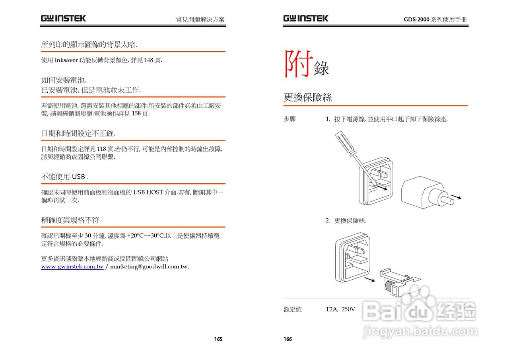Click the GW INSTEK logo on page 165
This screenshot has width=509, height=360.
click(x=63, y=18)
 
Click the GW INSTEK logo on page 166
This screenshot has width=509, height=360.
click(x=306, y=18)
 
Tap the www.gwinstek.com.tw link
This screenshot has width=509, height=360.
click(x=72, y=267)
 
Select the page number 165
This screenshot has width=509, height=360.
click(x=218, y=339)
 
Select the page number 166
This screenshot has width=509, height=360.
click(x=288, y=339)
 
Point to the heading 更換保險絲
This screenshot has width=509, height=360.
click(x=308, y=97)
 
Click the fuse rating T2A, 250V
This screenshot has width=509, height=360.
click(x=340, y=309)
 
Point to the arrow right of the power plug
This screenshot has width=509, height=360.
click(x=457, y=197)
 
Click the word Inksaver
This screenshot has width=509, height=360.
click(x=66, y=60)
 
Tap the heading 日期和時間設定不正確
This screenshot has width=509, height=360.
click(x=78, y=133)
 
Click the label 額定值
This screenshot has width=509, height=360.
click(x=293, y=309)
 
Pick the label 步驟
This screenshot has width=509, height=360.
click(x=289, y=119)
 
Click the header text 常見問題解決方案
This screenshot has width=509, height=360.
click(x=200, y=19)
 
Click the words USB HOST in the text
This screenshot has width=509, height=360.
click(x=148, y=193)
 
